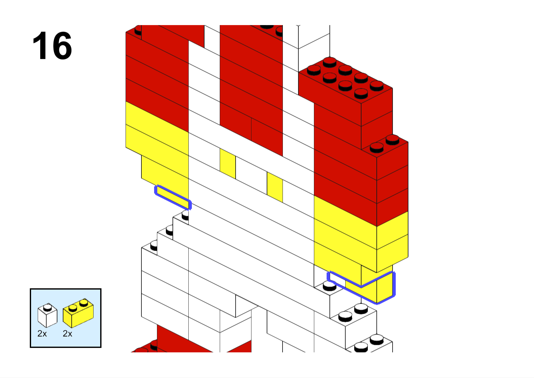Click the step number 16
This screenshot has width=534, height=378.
pos(52,46)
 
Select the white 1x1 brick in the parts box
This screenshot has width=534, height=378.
pos(47,316)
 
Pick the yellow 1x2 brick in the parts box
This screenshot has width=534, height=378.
pos(78,314)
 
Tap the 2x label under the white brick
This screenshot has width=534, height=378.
pos(42,334)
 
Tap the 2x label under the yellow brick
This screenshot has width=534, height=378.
pos(68,334)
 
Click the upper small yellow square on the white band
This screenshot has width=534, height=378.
pos(228,163)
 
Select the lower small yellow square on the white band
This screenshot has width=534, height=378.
pos(275,187)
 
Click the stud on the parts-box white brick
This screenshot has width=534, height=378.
pos(48,307)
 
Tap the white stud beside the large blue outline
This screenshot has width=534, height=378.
pos(330,286)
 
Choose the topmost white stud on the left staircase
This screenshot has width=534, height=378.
pos(185,216)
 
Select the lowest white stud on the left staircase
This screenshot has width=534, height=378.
pos(154,245)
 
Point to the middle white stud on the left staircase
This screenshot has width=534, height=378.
pos(170,230)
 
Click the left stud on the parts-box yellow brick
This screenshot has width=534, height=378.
pos(73,307)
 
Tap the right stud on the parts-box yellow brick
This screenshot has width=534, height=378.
pos(84,302)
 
